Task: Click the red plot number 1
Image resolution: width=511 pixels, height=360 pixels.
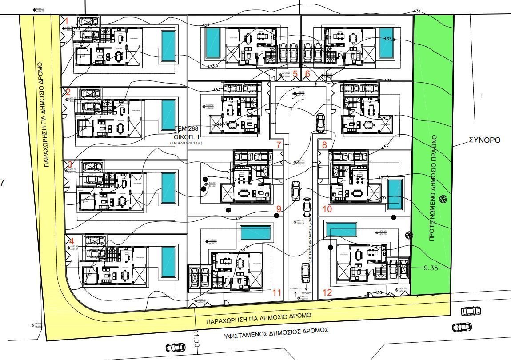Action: (x=67, y=20)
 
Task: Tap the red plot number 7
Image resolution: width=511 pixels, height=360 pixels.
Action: (x=279, y=145)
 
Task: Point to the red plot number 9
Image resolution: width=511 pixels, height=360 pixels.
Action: (x=279, y=208)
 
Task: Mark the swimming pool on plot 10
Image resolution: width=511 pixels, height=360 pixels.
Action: (x=394, y=194)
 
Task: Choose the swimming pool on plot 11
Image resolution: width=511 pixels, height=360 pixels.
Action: (x=255, y=232)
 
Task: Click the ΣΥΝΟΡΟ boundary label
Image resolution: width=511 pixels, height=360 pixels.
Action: (x=484, y=140)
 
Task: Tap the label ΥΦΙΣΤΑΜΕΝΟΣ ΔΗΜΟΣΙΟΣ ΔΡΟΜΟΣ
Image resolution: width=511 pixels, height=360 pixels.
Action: (x=276, y=331)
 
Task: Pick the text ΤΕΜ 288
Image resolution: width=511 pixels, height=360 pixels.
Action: (x=187, y=128)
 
